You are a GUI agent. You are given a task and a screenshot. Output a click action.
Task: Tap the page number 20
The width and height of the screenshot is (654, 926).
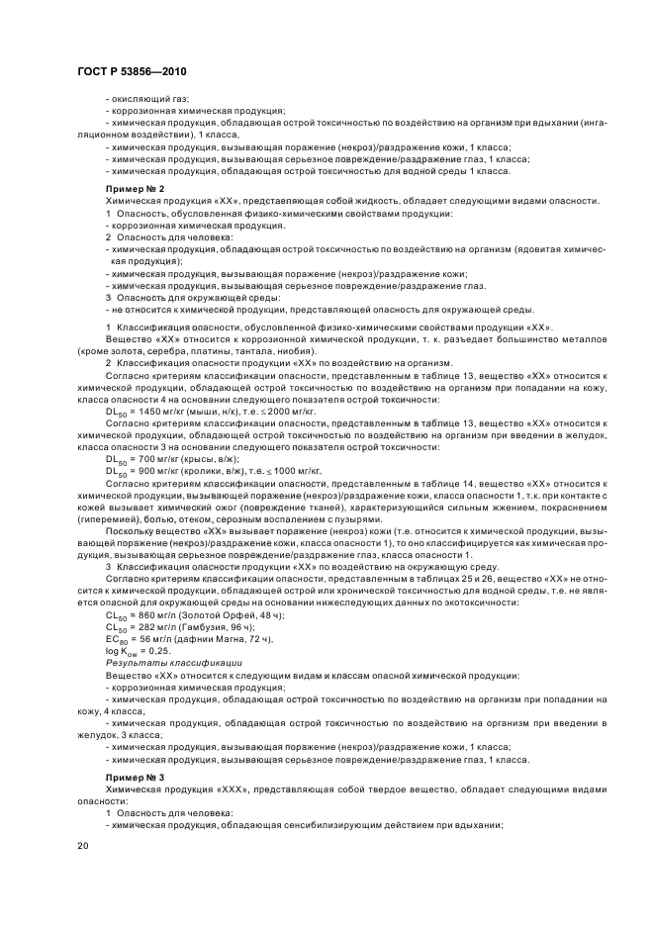(x=82, y=846)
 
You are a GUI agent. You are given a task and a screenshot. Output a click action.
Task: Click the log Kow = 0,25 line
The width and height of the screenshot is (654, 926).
(x=138, y=653)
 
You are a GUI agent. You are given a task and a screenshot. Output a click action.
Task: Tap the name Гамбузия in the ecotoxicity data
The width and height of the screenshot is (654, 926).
(x=202, y=628)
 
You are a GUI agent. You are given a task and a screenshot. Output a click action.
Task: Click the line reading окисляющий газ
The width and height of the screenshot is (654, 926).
(x=141, y=101)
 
